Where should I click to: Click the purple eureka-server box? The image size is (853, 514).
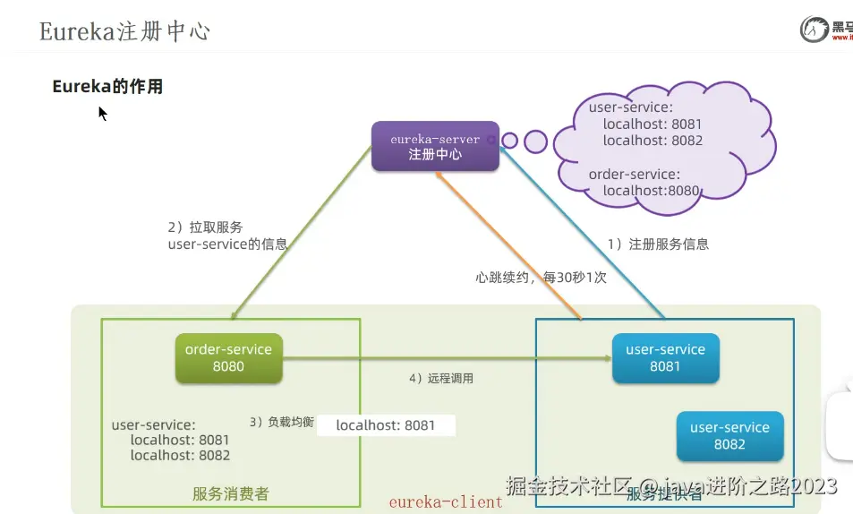click(x=435, y=146)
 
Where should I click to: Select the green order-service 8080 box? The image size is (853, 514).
click(x=228, y=357)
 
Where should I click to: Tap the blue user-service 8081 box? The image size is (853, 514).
click(x=665, y=357)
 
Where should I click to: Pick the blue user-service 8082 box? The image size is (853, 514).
click(x=729, y=436)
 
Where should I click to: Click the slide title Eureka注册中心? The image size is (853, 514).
click(x=124, y=31)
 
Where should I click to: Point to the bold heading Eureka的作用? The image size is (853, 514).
click(x=107, y=87)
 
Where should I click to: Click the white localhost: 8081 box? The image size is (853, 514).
click(x=386, y=425)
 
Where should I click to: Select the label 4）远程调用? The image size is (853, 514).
click(x=440, y=379)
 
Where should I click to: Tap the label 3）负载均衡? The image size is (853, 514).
click(x=281, y=422)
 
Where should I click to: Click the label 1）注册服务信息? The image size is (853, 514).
click(x=658, y=244)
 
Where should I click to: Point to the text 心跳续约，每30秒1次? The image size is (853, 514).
click(x=541, y=278)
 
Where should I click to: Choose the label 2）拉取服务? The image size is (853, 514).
click(x=205, y=227)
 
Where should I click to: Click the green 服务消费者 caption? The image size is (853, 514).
click(x=230, y=493)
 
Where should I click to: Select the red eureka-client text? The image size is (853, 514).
click(x=445, y=502)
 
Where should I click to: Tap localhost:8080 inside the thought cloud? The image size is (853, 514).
click(x=651, y=190)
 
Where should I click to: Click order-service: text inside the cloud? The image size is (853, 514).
click(x=634, y=174)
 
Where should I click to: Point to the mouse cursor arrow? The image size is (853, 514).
click(x=102, y=113)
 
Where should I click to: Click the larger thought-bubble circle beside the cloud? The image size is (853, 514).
click(x=535, y=141)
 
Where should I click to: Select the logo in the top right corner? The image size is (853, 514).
click(x=824, y=29)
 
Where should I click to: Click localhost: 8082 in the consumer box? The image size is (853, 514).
click(x=180, y=455)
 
